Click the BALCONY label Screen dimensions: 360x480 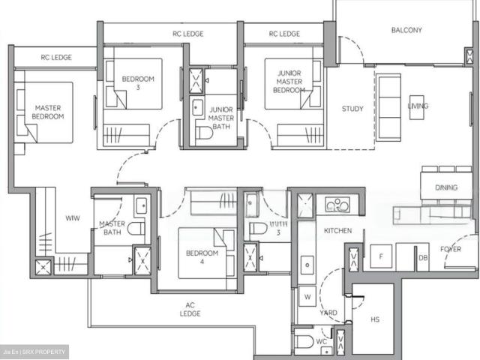pyautogui.click(x=406, y=31)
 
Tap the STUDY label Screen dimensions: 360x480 pyautogui.click(x=352, y=109)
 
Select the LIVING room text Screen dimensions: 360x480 pyautogui.click(x=418, y=106)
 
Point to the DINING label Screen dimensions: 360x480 pyautogui.click(x=446, y=188)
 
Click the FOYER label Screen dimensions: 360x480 pyautogui.click(x=451, y=249)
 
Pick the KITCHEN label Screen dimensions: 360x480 pyautogui.click(x=337, y=232)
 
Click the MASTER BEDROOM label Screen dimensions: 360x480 pyautogui.click(x=49, y=112)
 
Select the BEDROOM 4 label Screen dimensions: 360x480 pyautogui.click(x=202, y=258)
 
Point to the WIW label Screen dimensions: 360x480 pyautogui.click(x=73, y=219)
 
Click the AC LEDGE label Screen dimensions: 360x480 pyautogui.click(x=190, y=310)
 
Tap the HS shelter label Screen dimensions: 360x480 pyautogui.click(x=375, y=319)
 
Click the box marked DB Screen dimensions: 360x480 pyautogui.click(x=423, y=258)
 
